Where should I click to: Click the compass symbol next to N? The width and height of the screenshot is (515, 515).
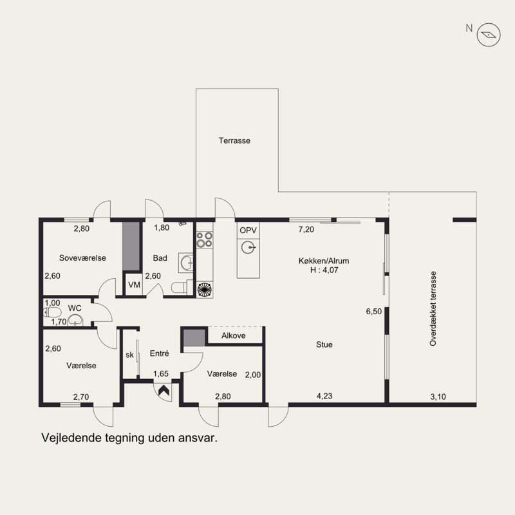(489, 35)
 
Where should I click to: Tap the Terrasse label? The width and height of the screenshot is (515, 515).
(234, 140)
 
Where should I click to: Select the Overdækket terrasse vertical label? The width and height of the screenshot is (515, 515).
(433, 308)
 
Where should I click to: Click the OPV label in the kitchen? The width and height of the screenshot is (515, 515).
(248, 230)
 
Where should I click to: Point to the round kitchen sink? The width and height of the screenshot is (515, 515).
(248, 247)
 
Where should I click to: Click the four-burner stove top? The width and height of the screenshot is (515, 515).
(204, 239)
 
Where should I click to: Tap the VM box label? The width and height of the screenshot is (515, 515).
(134, 285)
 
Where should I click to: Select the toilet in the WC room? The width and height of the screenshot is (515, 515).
(52, 312)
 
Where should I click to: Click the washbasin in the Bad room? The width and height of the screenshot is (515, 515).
(186, 263)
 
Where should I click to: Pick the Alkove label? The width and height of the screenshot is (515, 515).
(233, 335)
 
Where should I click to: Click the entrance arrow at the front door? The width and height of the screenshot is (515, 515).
(164, 391)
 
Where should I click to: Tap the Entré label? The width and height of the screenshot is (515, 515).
(159, 353)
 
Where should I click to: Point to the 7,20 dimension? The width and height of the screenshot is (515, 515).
(306, 230)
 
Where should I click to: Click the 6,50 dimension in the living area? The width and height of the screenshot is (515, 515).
(374, 312)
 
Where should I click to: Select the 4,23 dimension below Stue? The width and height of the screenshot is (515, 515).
(324, 396)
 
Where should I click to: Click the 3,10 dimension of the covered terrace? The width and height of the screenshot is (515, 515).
(438, 397)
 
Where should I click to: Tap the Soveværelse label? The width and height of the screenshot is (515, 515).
(82, 258)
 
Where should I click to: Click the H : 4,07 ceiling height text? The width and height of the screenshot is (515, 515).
(324, 270)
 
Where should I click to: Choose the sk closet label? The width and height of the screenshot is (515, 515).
(130, 355)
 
